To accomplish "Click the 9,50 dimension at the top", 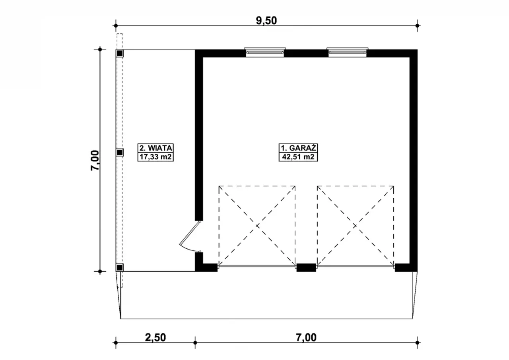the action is click(x=266, y=21).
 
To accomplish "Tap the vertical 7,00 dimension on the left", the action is click(x=95, y=160).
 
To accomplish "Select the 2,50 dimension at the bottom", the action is click(x=155, y=337).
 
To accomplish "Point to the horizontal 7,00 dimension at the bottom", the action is click(x=306, y=337).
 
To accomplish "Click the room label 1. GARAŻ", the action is click(x=298, y=148).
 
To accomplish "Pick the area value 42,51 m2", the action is click(x=298, y=157).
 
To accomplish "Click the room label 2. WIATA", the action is click(x=155, y=148).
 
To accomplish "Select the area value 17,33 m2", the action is click(x=155, y=157).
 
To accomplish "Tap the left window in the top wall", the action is click(x=265, y=52).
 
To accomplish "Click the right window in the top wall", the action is click(x=348, y=52).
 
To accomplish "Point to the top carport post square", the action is click(x=120, y=54).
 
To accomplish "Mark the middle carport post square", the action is click(x=120, y=153).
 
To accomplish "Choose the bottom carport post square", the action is click(x=120, y=267).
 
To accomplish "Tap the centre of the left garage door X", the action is click(x=257, y=226).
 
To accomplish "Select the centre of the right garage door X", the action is click(x=356, y=226).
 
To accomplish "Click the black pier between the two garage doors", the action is click(x=306, y=267).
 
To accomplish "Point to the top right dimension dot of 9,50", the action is click(x=417, y=26).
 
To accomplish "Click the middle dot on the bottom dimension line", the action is click(x=195, y=343).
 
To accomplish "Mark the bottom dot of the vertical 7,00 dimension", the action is click(x=100, y=271).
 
